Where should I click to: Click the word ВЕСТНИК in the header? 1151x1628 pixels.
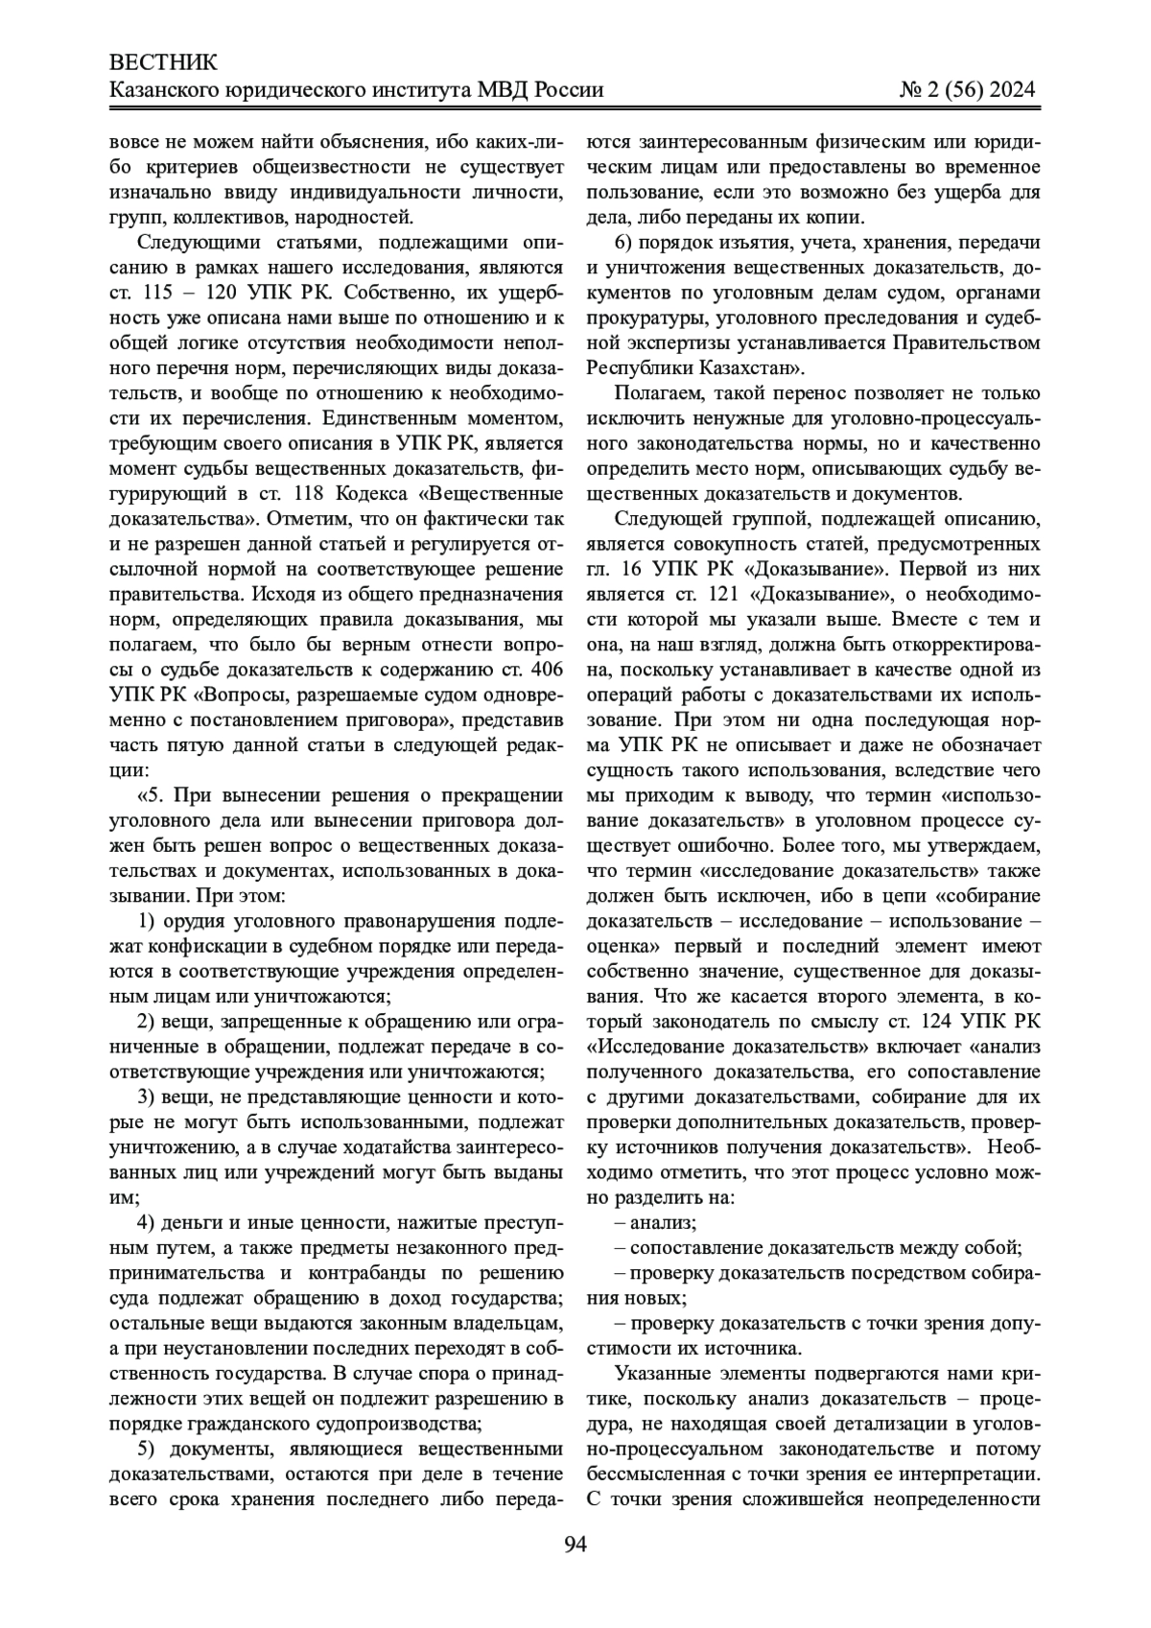[165, 63]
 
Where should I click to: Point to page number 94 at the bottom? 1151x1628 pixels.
[575, 1544]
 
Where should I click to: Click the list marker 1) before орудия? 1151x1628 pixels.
[148, 922]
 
